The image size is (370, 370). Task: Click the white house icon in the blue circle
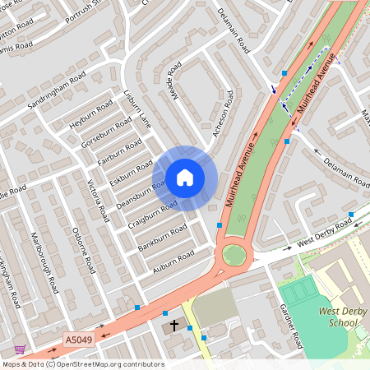coord(185,177)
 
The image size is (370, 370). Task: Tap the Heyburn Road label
coord(91,116)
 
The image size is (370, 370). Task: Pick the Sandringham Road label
coord(55,87)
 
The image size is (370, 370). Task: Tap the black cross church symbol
coord(173,326)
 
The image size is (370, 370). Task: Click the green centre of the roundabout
coord(234,255)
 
